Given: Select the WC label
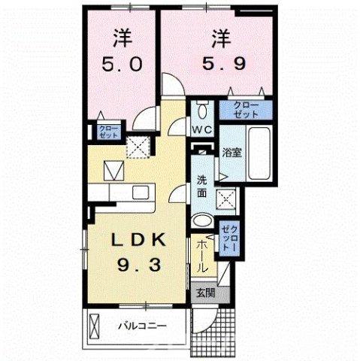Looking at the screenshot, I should pyautogui.click(x=201, y=129).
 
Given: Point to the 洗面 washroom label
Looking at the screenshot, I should pyautogui.click(x=203, y=186).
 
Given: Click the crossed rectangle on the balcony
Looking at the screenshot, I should pyautogui.click(x=95, y=326).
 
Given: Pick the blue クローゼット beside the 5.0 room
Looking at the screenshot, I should pyautogui.click(x=109, y=133).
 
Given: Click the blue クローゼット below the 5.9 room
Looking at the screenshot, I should pyautogui.click(x=245, y=110).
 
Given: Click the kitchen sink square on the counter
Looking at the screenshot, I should pyautogui.click(x=141, y=192).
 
